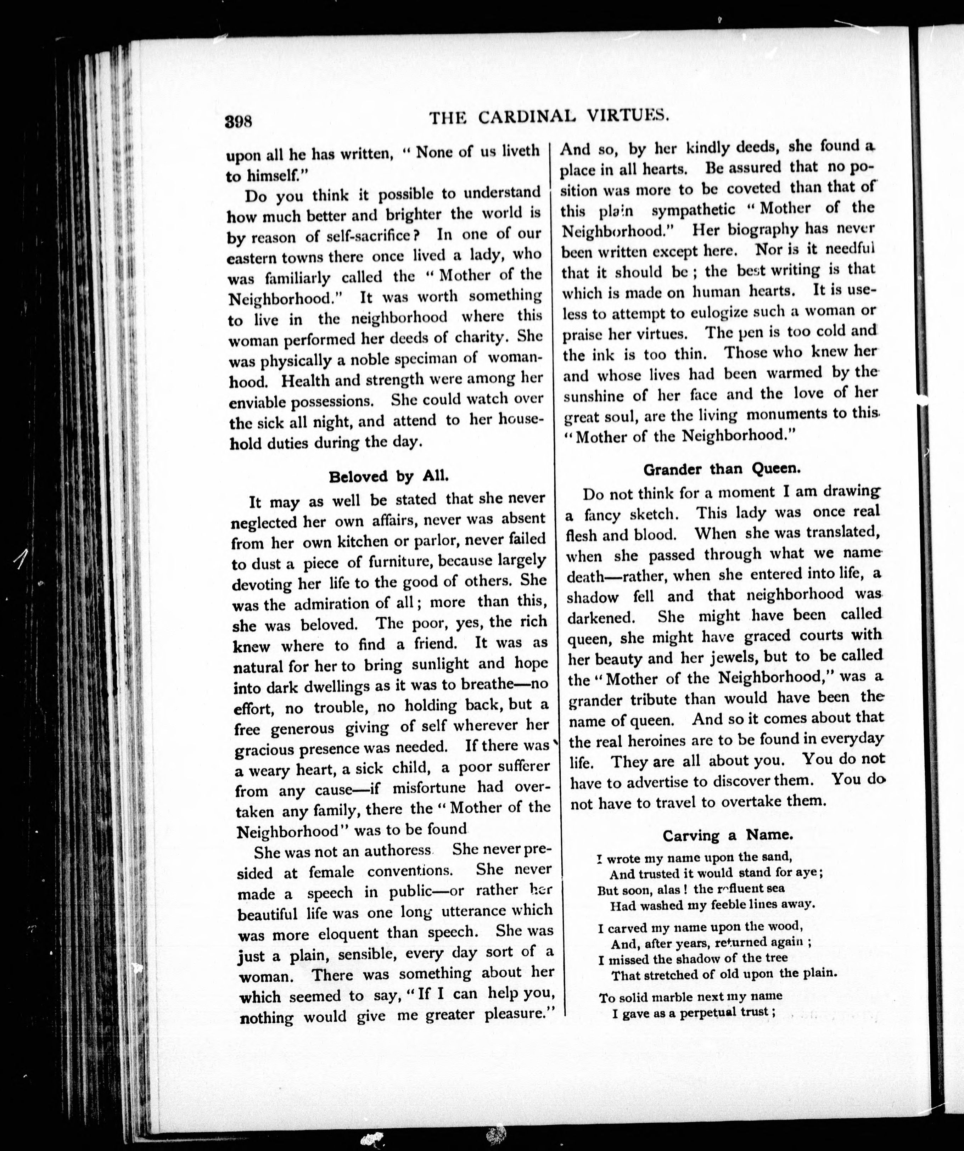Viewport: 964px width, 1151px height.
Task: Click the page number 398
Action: [238, 121]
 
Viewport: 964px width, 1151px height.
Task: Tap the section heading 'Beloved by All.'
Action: [388, 476]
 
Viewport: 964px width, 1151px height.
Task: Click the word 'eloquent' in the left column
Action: [339, 933]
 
